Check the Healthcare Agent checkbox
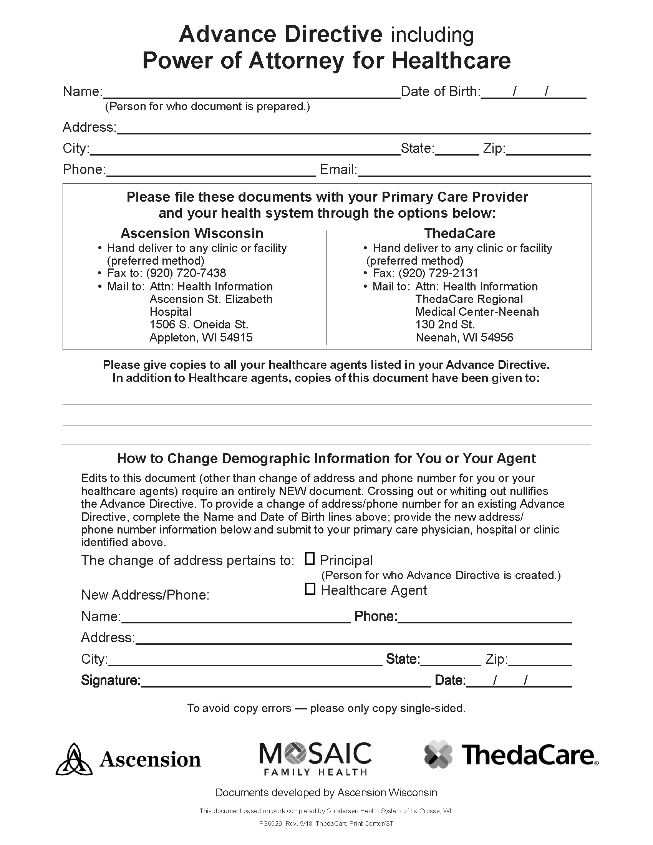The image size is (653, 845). (x=310, y=589)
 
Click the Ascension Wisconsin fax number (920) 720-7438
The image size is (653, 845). (x=186, y=273)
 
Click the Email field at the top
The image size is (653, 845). (x=474, y=171)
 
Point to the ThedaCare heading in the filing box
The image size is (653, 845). (x=459, y=233)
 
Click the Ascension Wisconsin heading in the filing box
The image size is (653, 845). (x=192, y=233)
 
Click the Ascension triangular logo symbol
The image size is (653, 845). (x=74, y=760)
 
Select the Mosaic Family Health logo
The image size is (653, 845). (x=315, y=759)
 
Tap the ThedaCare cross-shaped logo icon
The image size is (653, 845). (x=438, y=754)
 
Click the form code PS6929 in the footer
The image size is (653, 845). (x=271, y=823)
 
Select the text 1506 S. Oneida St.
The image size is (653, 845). (x=199, y=324)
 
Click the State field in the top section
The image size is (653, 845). (x=456, y=149)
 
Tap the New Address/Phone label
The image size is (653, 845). (x=145, y=595)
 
